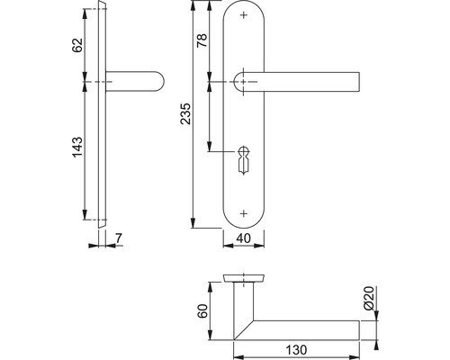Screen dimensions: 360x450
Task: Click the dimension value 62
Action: coord(77,44)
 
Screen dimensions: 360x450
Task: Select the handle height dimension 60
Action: coord(202,312)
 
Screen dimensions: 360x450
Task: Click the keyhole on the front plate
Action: coord(245,162)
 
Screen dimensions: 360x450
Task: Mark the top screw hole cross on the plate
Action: coord(245,16)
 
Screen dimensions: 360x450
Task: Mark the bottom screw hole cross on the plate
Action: coord(245,212)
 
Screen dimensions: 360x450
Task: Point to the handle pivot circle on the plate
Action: coord(245,82)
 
